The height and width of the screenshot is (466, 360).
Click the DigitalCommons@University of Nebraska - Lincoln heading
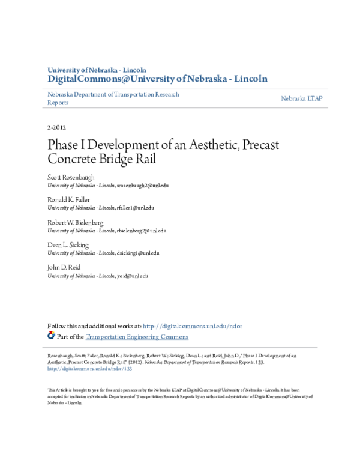(x=157, y=79)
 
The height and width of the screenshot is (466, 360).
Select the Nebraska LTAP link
(x=302, y=98)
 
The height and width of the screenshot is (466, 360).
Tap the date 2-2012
(x=57, y=128)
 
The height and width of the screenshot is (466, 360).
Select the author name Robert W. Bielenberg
(x=75, y=222)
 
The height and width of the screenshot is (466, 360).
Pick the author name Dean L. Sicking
(x=68, y=245)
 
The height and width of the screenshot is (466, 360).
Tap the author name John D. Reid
(x=64, y=267)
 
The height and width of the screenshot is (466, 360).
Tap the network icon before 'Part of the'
(x=51, y=336)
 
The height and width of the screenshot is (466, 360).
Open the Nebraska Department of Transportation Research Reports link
(x=113, y=98)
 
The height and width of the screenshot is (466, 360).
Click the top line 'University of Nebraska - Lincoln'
(x=97, y=70)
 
